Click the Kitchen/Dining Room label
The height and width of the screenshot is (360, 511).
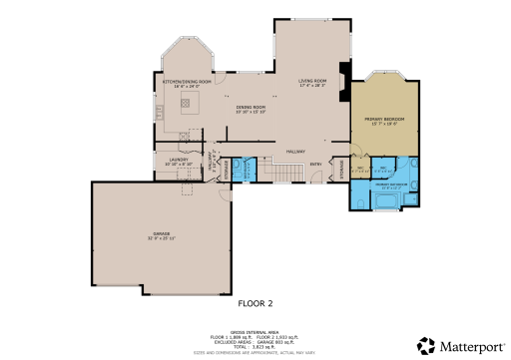tap(181, 82)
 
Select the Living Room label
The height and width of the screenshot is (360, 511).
tap(312, 82)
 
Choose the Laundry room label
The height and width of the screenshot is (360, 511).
tap(179, 160)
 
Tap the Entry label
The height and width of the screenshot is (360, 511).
tap(316, 166)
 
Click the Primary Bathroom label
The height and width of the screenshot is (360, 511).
tap(388, 185)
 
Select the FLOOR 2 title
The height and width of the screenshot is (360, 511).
tap(256, 301)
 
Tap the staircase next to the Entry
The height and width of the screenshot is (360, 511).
tap(287, 174)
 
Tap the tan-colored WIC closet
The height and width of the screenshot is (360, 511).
tap(361, 169)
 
